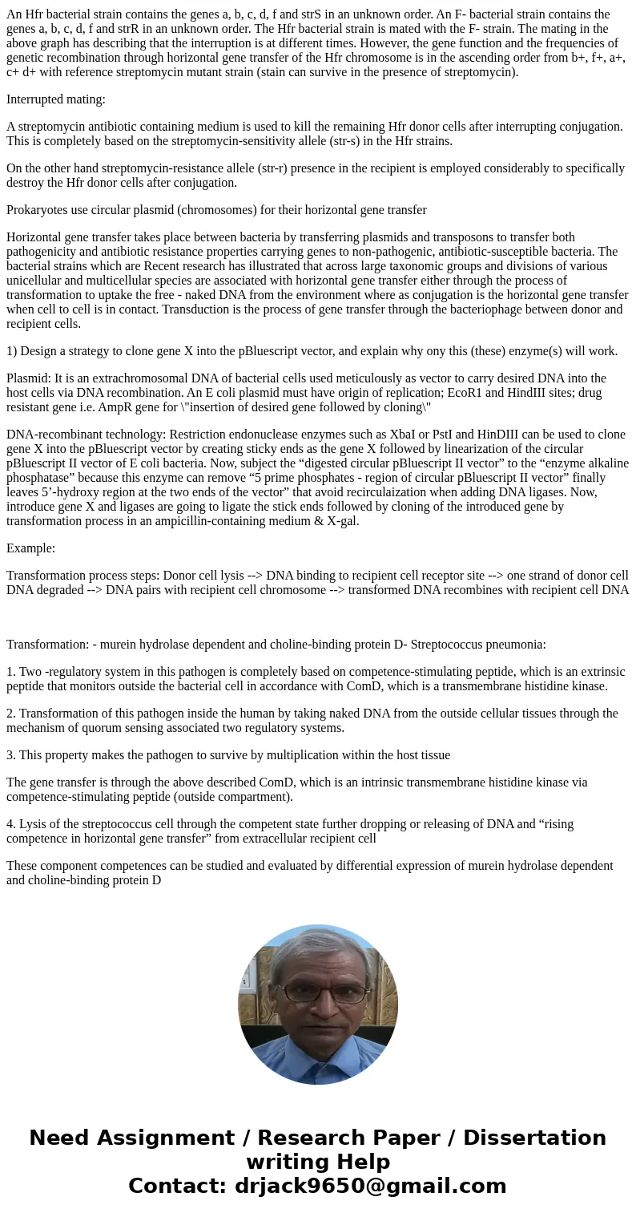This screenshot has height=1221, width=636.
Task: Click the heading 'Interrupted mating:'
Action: tap(56, 99)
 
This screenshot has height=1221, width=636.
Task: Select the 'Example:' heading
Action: tap(30, 548)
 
